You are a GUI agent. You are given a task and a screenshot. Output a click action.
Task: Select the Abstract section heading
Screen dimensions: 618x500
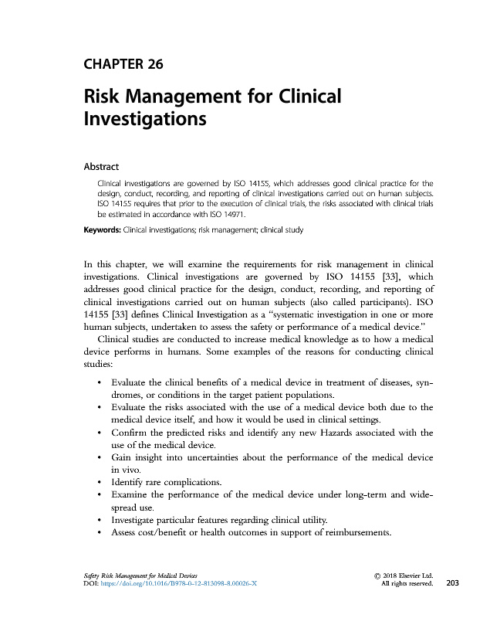tap(106, 165)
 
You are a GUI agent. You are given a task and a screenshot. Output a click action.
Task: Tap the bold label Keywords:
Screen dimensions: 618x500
tap(103, 230)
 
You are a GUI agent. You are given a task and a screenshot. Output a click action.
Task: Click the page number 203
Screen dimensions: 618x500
tap(452, 583)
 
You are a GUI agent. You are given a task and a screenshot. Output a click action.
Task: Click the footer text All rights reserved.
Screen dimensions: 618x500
tap(407, 584)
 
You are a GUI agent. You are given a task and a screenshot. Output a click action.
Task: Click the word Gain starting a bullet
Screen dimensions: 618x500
tap(123, 458)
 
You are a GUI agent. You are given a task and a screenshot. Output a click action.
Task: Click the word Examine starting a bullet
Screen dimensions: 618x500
tap(133, 495)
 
